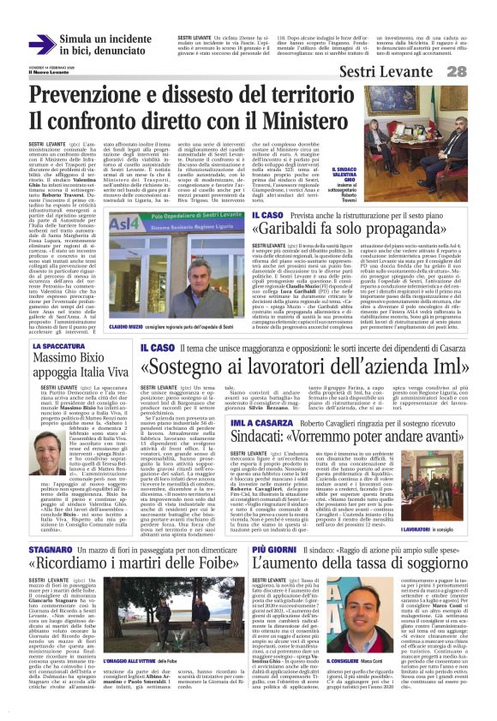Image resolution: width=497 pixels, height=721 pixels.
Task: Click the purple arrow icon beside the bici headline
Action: [x=42, y=45]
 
